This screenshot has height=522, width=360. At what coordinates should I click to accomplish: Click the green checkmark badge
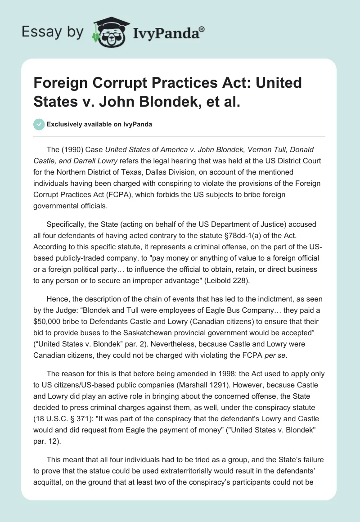point(39,124)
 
